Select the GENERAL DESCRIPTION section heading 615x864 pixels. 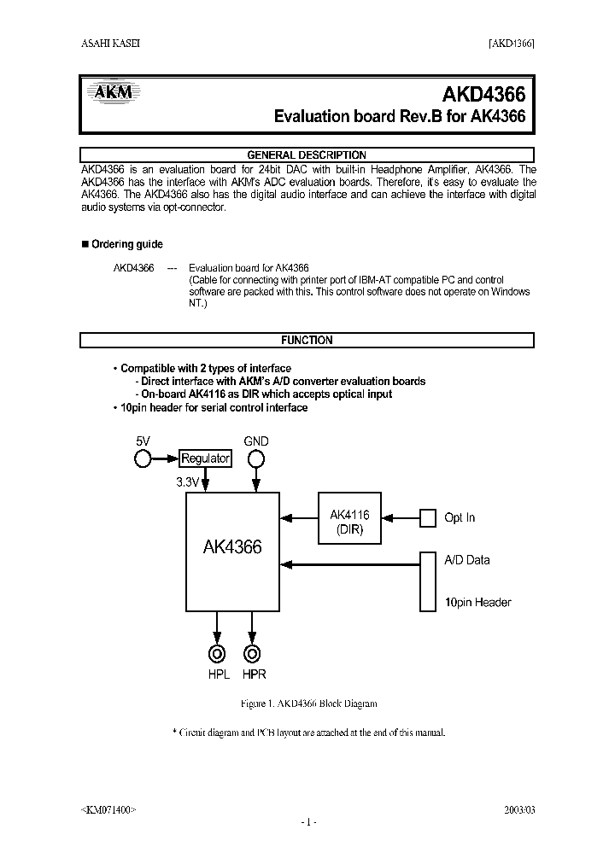pyautogui.click(x=307, y=155)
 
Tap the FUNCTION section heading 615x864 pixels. pyautogui.click(x=307, y=340)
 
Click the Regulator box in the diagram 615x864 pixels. pyautogui.click(x=205, y=458)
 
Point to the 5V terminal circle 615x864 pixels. pyautogui.click(x=143, y=459)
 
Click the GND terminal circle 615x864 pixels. pyautogui.click(x=255, y=459)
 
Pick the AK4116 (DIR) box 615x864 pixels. pyautogui.click(x=349, y=522)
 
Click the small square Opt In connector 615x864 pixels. pyautogui.click(x=428, y=517)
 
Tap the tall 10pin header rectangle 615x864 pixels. pyautogui.click(x=428, y=581)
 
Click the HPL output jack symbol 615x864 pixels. pyautogui.click(x=218, y=654)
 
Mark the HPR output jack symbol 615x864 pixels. pyautogui.click(x=252, y=654)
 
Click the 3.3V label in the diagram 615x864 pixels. pyautogui.click(x=187, y=482)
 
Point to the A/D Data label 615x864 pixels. pyautogui.click(x=467, y=560)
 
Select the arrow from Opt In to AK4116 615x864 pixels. pyautogui.click(x=401, y=517)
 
